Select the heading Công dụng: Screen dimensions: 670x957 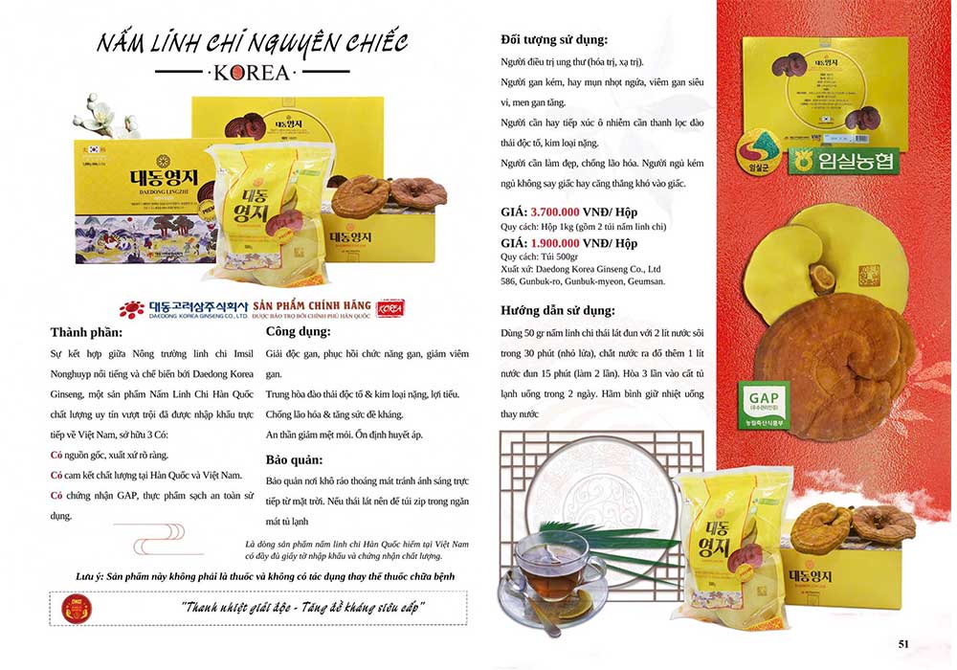click(299, 332)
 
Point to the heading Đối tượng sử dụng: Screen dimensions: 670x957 click(554, 40)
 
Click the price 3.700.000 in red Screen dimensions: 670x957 click(568, 213)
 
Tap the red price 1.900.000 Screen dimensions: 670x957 click(568, 243)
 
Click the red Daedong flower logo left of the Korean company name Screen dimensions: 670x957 click(132, 308)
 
